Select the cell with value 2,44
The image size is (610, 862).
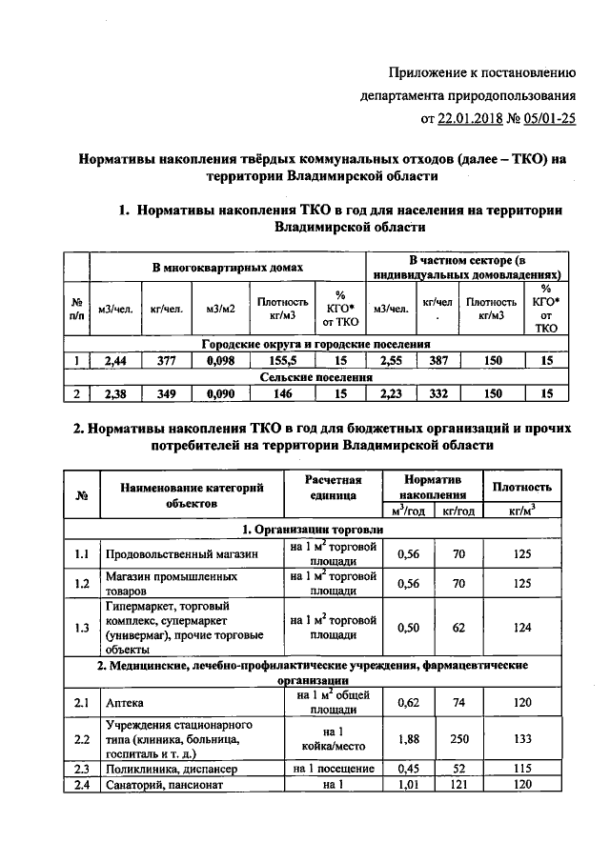coord(113,361)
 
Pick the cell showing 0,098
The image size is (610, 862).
coord(220,361)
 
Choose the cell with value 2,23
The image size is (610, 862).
coord(392,393)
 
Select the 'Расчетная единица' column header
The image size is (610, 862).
coord(333,488)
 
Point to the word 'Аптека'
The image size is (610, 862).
coord(126,704)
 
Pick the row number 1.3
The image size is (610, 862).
coord(83,626)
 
